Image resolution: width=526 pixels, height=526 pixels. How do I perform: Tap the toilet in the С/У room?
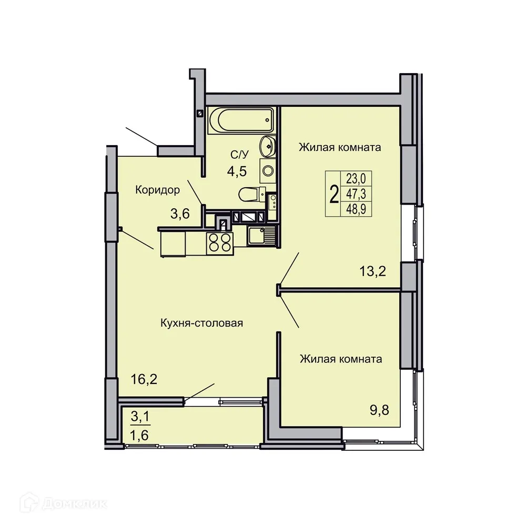[249, 194]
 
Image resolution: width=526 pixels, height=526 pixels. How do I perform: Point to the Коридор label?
[158, 189]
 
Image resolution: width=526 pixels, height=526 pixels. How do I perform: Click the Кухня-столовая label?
[201, 323]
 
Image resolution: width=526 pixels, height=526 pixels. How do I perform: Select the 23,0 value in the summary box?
[356, 179]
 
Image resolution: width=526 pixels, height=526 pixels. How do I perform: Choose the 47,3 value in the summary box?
[356, 195]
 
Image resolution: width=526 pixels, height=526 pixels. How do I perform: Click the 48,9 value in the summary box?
[356, 210]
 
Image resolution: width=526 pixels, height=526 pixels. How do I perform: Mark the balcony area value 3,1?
[140, 417]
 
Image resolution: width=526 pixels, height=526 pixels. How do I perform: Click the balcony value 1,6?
[140, 434]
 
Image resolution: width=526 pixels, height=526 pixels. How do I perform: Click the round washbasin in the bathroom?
[268, 145]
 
